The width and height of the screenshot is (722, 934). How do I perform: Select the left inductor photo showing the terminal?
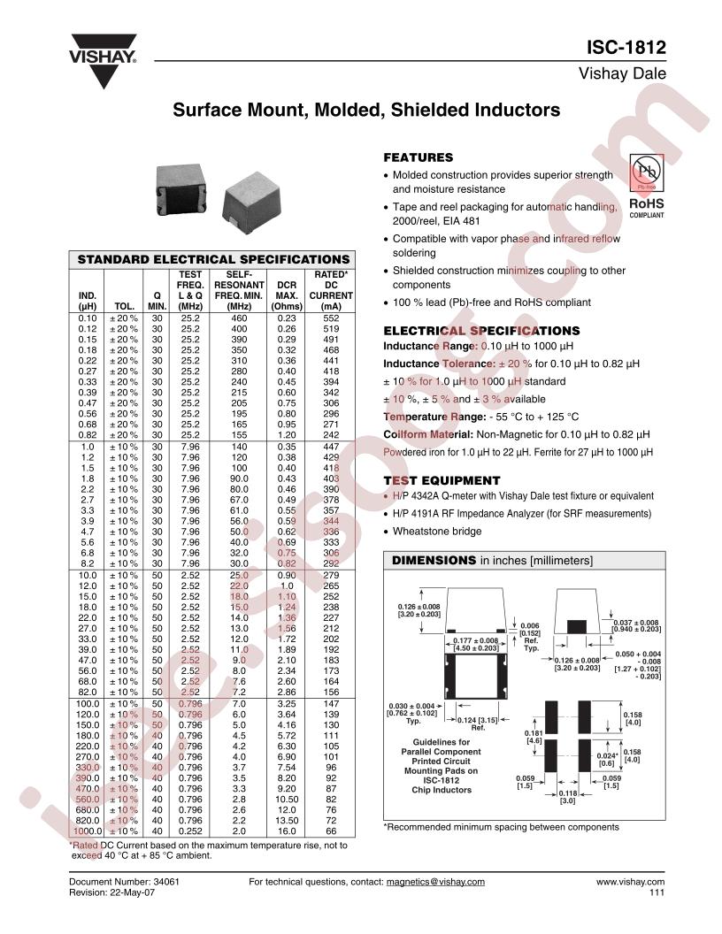tap(185, 184)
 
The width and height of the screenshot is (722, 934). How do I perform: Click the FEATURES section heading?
tap(418, 157)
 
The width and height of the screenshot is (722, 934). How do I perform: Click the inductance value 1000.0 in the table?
tap(87, 831)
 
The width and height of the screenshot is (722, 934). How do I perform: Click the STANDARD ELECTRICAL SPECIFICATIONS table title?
tap(213, 260)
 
